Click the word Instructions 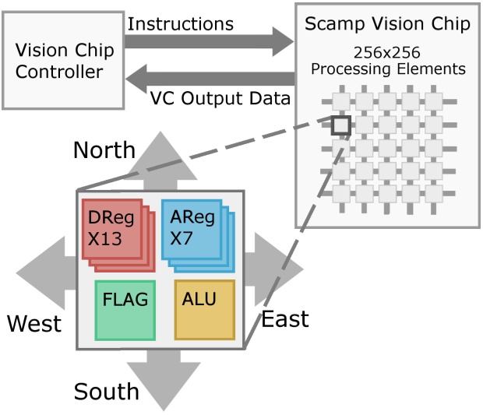(x=180, y=23)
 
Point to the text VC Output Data (x=220, y=98)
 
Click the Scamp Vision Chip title (x=388, y=23)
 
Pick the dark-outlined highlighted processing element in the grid (x=341, y=125)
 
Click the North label (x=104, y=149)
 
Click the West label (x=34, y=323)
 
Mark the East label (x=284, y=318)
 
